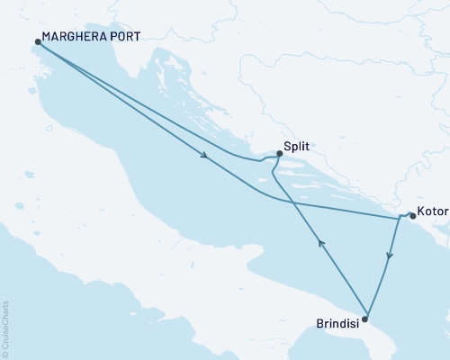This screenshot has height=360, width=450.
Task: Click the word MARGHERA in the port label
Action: (x=72, y=41)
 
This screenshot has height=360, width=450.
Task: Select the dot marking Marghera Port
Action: (x=37, y=41)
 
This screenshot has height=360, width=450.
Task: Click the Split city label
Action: (x=297, y=144)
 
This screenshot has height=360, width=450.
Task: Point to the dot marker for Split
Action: (x=279, y=153)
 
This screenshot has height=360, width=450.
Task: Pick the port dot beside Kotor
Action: (x=412, y=215)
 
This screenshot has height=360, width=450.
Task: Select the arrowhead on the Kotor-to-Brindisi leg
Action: (x=388, y=256)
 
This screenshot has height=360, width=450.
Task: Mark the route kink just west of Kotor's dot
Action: (x=400, y=217)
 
